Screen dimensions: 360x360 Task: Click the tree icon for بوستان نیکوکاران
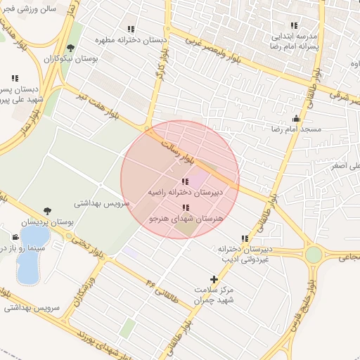coord(70,48)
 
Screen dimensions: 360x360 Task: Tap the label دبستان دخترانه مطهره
coord(131,41)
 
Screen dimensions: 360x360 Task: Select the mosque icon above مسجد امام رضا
coord(296,118)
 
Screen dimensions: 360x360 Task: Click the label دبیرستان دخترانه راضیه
coord(185,191)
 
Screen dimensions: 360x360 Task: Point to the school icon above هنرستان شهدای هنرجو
coord(185,207)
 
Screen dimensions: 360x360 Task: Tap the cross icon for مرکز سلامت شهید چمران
coord(214,279)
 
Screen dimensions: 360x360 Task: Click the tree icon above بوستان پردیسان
coord(47,210)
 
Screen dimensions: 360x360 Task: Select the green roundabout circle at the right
coord(314,255)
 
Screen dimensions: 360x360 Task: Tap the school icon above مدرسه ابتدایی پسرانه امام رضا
coord(294,25)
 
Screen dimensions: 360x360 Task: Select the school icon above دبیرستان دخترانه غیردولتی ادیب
coord(244,239)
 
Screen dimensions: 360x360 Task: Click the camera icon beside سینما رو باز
coord(15,237)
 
